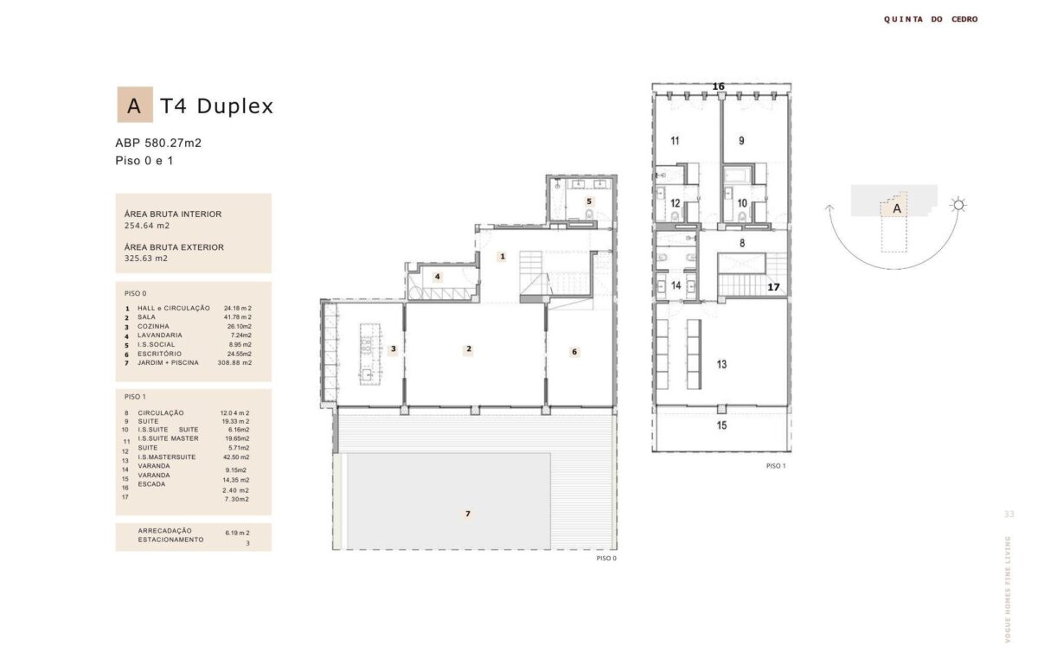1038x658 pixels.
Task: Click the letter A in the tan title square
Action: [134, 106]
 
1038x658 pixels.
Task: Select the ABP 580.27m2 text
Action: [158, 143]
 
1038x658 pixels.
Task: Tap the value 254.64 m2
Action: [147, 226]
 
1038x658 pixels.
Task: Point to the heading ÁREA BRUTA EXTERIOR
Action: [174, 247]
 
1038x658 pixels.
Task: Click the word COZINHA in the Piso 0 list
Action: [153, 327]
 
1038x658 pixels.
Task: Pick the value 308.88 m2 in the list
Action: [235, 363]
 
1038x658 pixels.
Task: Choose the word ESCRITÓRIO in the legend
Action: [159, 354]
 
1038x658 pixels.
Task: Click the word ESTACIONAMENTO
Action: [170, 540]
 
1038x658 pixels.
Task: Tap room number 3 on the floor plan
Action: [394, 348]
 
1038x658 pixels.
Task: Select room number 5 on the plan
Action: [589, 201]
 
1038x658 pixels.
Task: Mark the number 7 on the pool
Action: [468, 514]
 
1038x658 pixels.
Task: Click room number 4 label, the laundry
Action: [437, 277]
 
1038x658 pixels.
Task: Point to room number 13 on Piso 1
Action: [721, 364]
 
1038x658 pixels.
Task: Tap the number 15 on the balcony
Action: [721, 425]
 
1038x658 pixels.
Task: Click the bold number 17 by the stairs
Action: [773, 287]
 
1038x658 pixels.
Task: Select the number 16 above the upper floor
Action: [718, 86]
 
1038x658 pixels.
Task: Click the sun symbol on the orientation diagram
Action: [958, 205]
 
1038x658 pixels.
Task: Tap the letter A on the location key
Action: [897, 209]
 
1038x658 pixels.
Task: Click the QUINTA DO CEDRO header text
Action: [931, 19]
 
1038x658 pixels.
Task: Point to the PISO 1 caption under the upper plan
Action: [776, 466]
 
